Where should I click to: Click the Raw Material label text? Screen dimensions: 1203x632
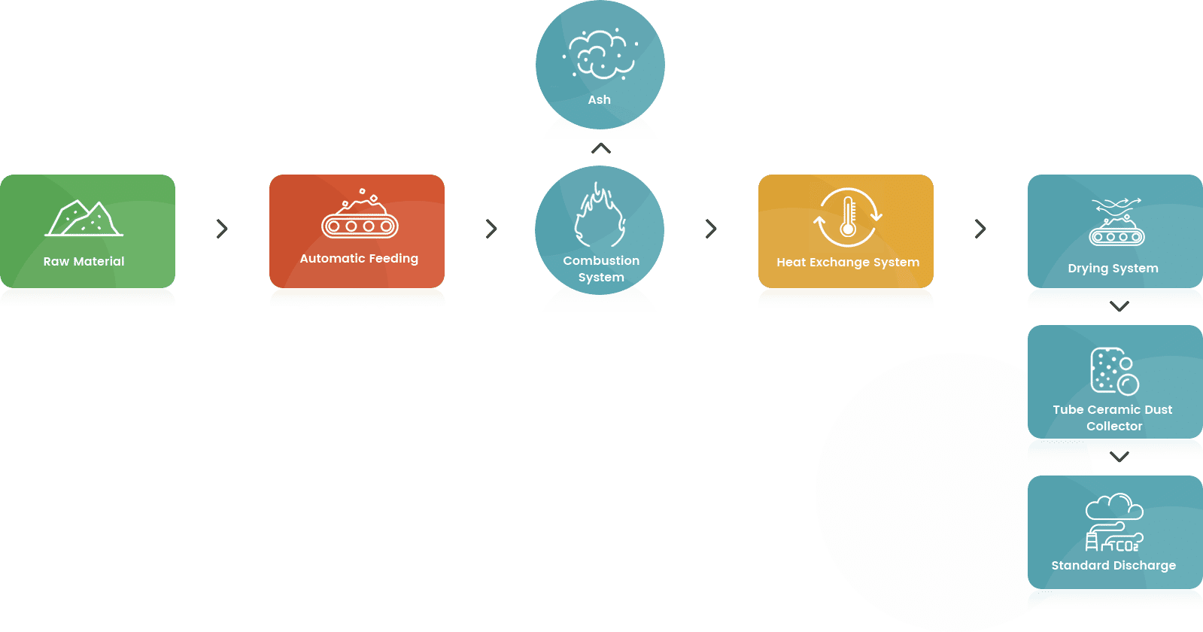pos(84,262)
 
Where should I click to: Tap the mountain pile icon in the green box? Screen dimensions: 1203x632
pos(84,218)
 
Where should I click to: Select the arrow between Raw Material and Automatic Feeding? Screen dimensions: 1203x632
pos(222,229)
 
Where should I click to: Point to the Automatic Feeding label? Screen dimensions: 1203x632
pos(359,259)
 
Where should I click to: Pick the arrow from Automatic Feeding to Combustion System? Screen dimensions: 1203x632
pos(491,229)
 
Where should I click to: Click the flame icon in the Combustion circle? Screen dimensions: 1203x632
pos(600,214)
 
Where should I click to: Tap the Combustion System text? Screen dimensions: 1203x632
pos(601,269)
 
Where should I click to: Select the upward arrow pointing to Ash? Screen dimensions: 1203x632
pos(601,148)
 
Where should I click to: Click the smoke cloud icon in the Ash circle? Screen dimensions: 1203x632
pos(600,54)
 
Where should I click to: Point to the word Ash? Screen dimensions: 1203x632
pos(600,100)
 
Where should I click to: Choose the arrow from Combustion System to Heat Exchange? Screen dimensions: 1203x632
pos(710,229)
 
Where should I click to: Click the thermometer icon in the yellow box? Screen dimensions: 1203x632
pos(848,217)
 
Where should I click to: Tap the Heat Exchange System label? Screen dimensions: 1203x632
pos(848,263)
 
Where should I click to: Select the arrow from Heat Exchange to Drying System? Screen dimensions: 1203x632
pos(980,229)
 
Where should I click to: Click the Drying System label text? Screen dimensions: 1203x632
pos(1113,269)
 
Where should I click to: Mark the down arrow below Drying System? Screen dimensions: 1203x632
pos(1119,306)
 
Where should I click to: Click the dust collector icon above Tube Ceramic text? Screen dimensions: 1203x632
pos(1115,371)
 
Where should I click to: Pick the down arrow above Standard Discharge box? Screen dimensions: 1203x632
pos(1119,457)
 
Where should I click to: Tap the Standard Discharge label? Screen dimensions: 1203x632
pos(1113,566)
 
